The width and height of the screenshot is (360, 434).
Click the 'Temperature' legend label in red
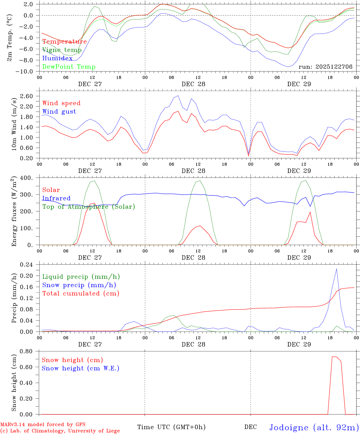tap(65, 42)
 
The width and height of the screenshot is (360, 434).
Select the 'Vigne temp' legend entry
tap(62, 50)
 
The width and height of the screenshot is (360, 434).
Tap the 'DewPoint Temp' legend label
tap(69, 67)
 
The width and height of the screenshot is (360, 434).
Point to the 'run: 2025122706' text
tap(325, 67)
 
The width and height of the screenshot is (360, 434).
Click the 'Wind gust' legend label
tap(59, 112)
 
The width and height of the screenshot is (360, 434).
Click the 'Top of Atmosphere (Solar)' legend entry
tap(89, 207)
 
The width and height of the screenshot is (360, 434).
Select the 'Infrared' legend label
tap(56, 198)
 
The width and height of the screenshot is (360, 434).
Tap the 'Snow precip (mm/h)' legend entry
tap(79, 285)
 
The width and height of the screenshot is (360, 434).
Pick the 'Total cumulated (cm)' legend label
tap(81, 294)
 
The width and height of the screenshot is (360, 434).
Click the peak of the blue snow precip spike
tap(336, 269)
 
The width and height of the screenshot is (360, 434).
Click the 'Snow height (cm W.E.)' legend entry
tap(81, 368)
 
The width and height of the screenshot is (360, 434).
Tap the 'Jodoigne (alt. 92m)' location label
tap(314, 427)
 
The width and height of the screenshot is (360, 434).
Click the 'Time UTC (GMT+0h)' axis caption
tap(171, 427)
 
